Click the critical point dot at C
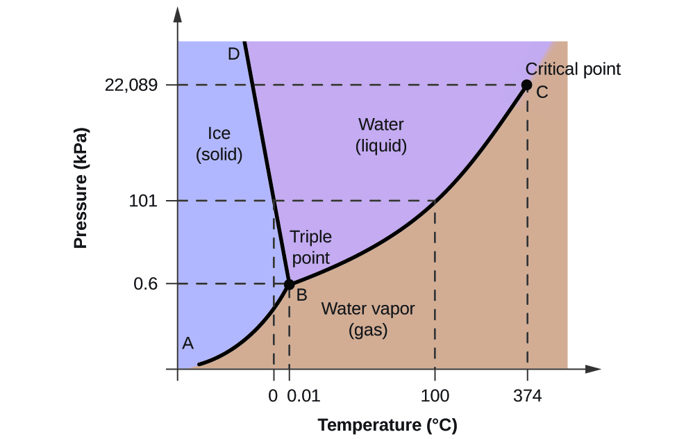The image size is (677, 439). pos(526,85)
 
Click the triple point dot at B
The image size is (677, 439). pos(290,284)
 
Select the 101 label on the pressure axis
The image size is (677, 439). pos(144,201)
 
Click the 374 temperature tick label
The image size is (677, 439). pos(527,397)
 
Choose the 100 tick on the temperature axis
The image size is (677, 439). pos(435,397)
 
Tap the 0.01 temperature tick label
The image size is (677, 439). pos(303,397)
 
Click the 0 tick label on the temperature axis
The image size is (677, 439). pos(273,397)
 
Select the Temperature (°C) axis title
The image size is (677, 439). pos(387,425)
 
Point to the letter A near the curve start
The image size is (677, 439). pos(187,342)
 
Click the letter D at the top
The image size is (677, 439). pos(233,53)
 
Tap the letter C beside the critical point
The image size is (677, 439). pos(542,92)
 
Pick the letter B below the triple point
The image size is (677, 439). pos(302,295)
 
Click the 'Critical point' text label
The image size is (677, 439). pos(573,69)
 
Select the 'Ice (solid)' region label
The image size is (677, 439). pos(219,144)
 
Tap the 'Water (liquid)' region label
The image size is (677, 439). pos(381,135)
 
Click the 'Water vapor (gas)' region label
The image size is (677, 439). pos(367,320)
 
